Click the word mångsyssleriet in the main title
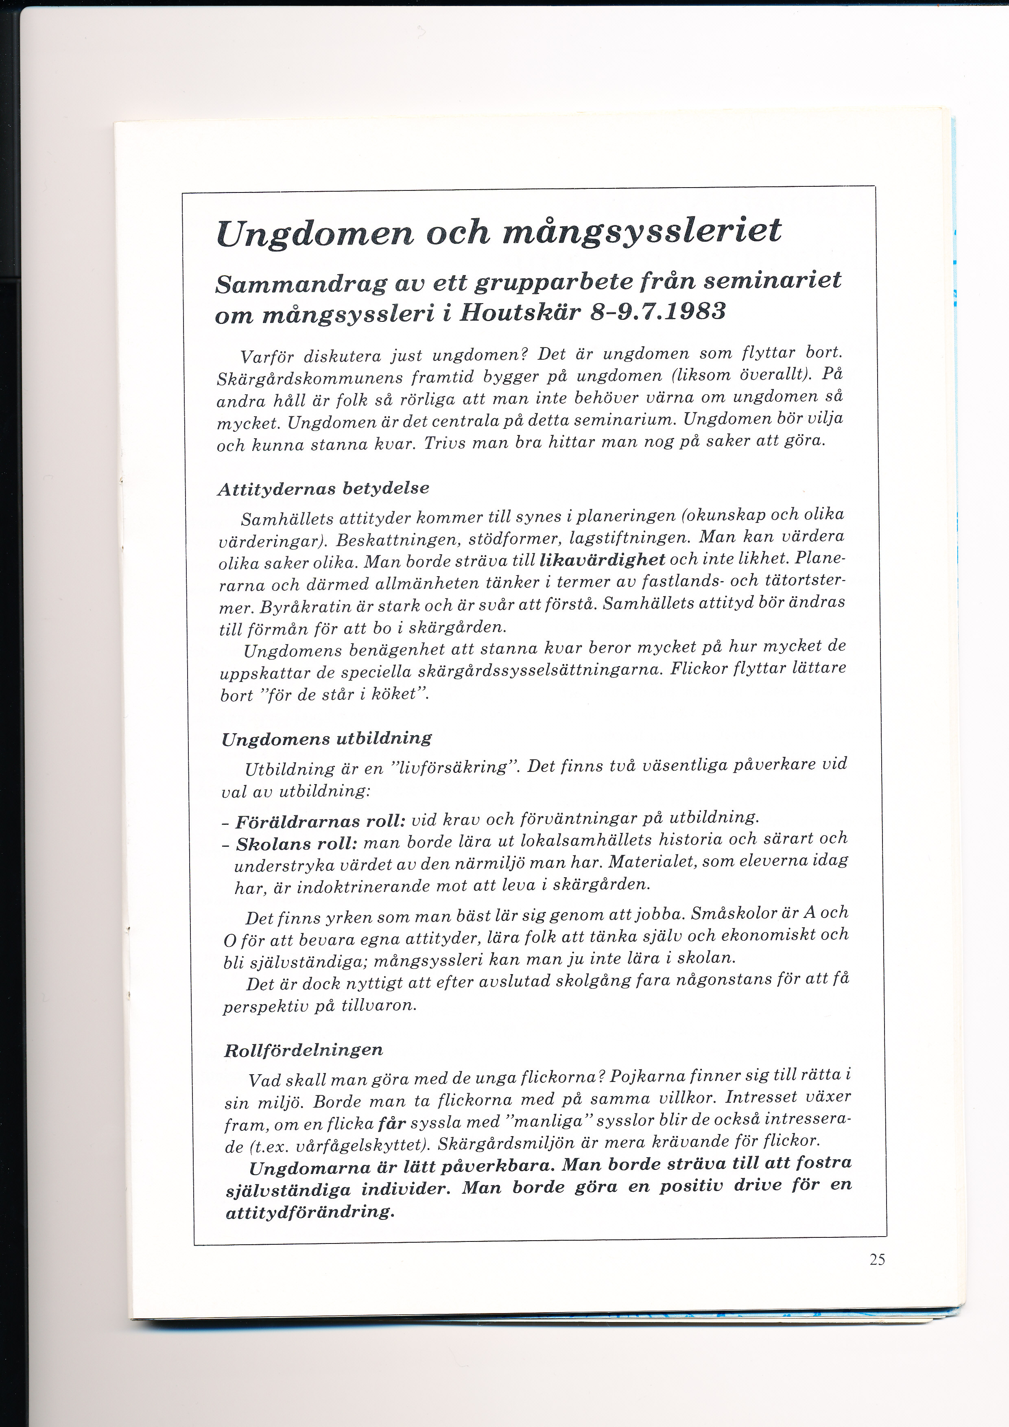point(640,232)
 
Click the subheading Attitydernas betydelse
point(323,489)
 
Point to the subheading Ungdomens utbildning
point(326,739)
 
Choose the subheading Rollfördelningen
point(303,1050)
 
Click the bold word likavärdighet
point(603,559)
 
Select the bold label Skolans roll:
point(296,844)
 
